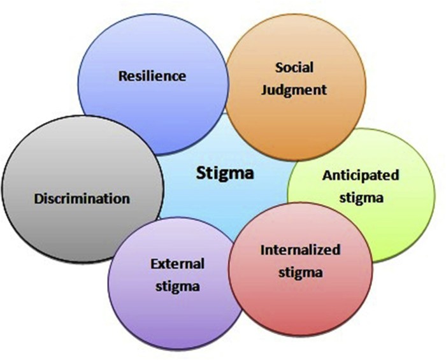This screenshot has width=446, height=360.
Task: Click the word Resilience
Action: click(152, 76)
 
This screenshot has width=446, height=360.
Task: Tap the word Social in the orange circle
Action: click(296, 67)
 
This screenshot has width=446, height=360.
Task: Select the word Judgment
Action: click(297, 89)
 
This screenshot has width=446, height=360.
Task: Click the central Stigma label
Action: click(225, 173)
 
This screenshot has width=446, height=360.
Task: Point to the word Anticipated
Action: click(361, 175)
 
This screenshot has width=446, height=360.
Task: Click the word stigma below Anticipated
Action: click(361, 197)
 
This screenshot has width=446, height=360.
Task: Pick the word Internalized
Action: click(300, 250)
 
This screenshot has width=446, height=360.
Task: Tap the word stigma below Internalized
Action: click(300, 272)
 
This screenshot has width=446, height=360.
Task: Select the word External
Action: click(177, 264)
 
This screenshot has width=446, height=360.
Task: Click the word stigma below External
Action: click(177, 286)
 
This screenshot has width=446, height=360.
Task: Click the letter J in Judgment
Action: click(271, 89)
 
